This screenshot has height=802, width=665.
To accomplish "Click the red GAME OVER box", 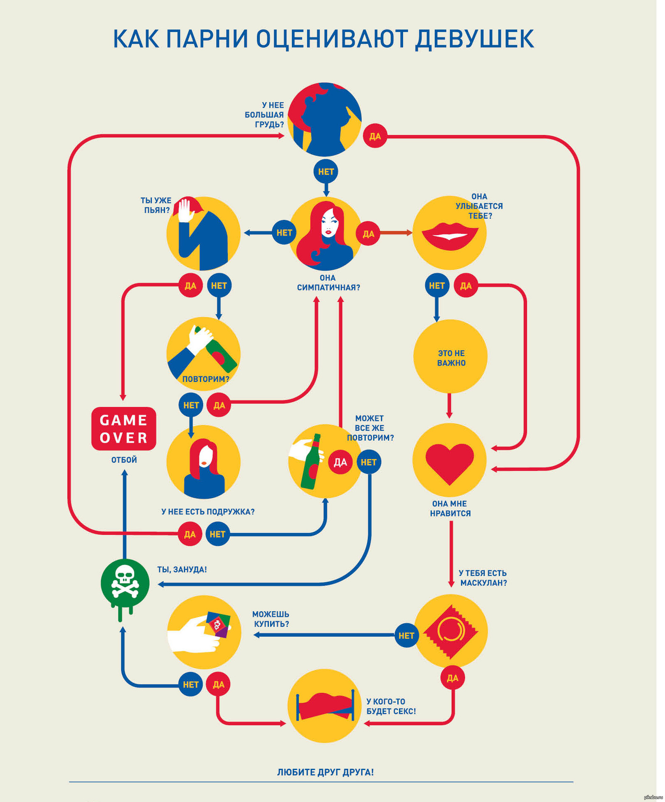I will (123, 428).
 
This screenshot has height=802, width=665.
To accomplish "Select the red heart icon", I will (449, 462).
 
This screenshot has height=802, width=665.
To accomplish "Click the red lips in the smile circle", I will (449, 236).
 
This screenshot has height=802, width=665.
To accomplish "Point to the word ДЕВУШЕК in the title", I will (474, 39).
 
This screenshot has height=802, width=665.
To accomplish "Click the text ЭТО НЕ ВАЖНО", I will (451, 358).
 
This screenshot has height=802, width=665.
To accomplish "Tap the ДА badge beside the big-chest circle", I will (375, 136).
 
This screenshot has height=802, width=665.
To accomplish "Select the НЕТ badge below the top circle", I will (326, 171).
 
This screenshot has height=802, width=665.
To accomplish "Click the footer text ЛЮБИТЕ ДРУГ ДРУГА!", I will (325, 772).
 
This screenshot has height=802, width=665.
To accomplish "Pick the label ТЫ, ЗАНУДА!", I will (182, 569).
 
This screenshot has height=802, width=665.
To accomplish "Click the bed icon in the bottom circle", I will (325, 706).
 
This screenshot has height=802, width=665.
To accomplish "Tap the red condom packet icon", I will (451, 631).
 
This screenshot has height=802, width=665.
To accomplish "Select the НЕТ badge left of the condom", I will (406, 635).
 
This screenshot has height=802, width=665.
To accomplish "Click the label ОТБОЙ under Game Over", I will (124, 460).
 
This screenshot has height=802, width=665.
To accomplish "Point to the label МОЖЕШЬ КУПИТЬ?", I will (271, 619).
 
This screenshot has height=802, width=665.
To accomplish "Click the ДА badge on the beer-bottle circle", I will (340, 462).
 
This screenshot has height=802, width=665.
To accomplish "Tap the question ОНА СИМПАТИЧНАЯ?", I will (328, 283).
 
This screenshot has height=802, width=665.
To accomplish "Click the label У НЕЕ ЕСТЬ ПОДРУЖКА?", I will (208, 512).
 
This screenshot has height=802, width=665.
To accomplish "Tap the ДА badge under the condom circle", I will (452, 678).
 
